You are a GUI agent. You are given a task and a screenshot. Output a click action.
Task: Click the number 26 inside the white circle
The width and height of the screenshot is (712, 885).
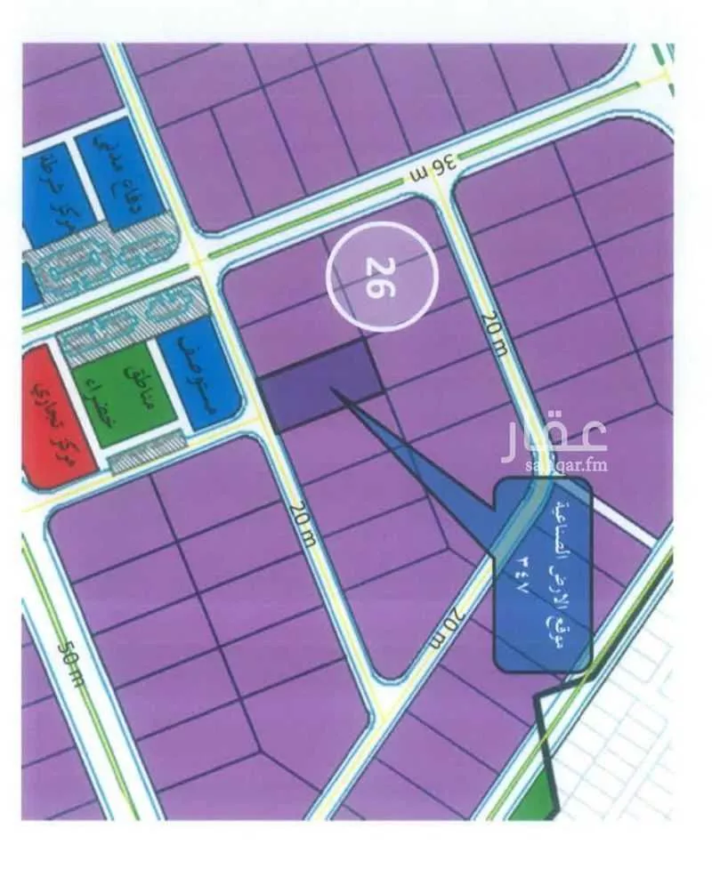coord(381,278)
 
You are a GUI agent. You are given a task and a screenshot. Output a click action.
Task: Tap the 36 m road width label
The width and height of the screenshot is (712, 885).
coord(433,166)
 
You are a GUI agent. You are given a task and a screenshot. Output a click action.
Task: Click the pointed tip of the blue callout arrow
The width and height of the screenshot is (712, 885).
coord(333,389)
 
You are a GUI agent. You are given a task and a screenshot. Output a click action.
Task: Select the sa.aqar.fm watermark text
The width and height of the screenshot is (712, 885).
coord(555,464)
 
